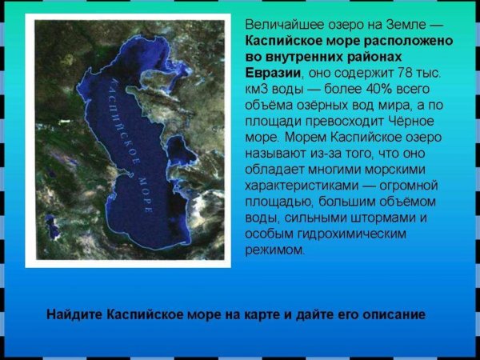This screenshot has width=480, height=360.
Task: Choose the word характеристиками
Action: tap(300, 186)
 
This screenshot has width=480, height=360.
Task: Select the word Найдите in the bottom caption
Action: tap(75, 314)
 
